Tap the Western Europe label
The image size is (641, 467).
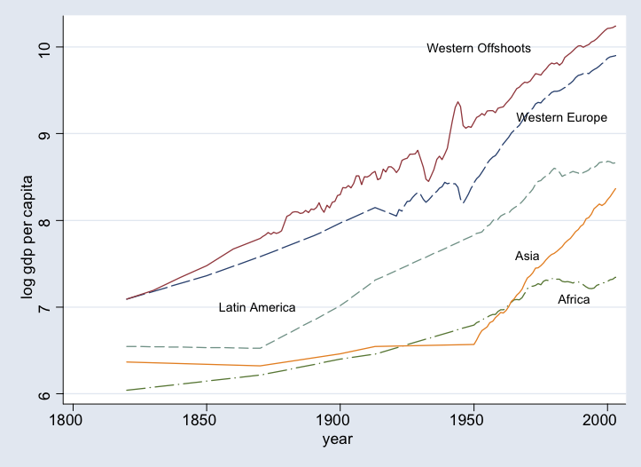[561, 117]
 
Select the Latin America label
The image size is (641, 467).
[257, 307]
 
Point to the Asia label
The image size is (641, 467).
[528, 257]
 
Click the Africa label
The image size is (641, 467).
[574, 300]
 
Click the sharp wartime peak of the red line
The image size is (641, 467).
[457, 102]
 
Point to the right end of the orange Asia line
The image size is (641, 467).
[615, 188]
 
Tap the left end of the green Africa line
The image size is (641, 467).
[127, 390]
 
